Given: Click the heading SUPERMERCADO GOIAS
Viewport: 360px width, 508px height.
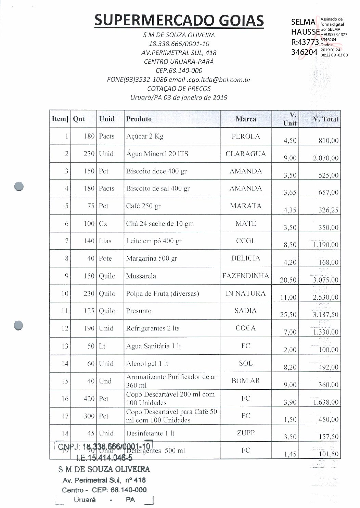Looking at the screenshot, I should pyautogui.click(x=179, y=21).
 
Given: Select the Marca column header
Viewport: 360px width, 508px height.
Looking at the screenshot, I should pyautogui.click(x=246, y=119).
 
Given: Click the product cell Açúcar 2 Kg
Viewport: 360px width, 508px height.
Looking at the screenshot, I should pyautogui.click(x=145, y=136).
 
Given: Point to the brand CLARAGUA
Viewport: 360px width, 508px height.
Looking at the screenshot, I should pyautogui.click(x=246, y=154).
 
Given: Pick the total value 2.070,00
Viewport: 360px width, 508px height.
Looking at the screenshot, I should pyautogui.click(x=325, y=158).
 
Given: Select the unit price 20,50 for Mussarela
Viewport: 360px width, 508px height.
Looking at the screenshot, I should pyautogui.click(x=288, y=280).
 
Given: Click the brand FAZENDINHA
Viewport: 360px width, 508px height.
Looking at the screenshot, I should pyautogui.click(x=246, y=276).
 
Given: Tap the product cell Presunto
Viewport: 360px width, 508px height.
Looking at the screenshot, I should pyautogui.click(x=139, y=311).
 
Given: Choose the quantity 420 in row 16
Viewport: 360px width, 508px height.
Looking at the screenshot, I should pyautogui.click(x=89, y=399).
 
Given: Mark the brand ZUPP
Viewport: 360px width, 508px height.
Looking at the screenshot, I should pyautogui.click(x=246, y=433).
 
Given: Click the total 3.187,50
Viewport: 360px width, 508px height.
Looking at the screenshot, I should pyautogui.click(x=325, y=315).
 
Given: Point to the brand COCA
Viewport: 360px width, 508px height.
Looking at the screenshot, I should pyautogui.click(x=246, y=328).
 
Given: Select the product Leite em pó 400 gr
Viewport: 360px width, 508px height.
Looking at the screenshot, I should pyautogui.click(x=154, y=241).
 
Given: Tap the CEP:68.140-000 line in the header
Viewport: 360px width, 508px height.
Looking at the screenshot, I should pyautogui.click(x=179, y=71).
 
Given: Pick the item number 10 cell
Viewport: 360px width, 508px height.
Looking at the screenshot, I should pyautogui.click(x=65, y=294).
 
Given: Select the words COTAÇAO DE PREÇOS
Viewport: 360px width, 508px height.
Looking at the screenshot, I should pyautogui.click(x=179, y=89).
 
